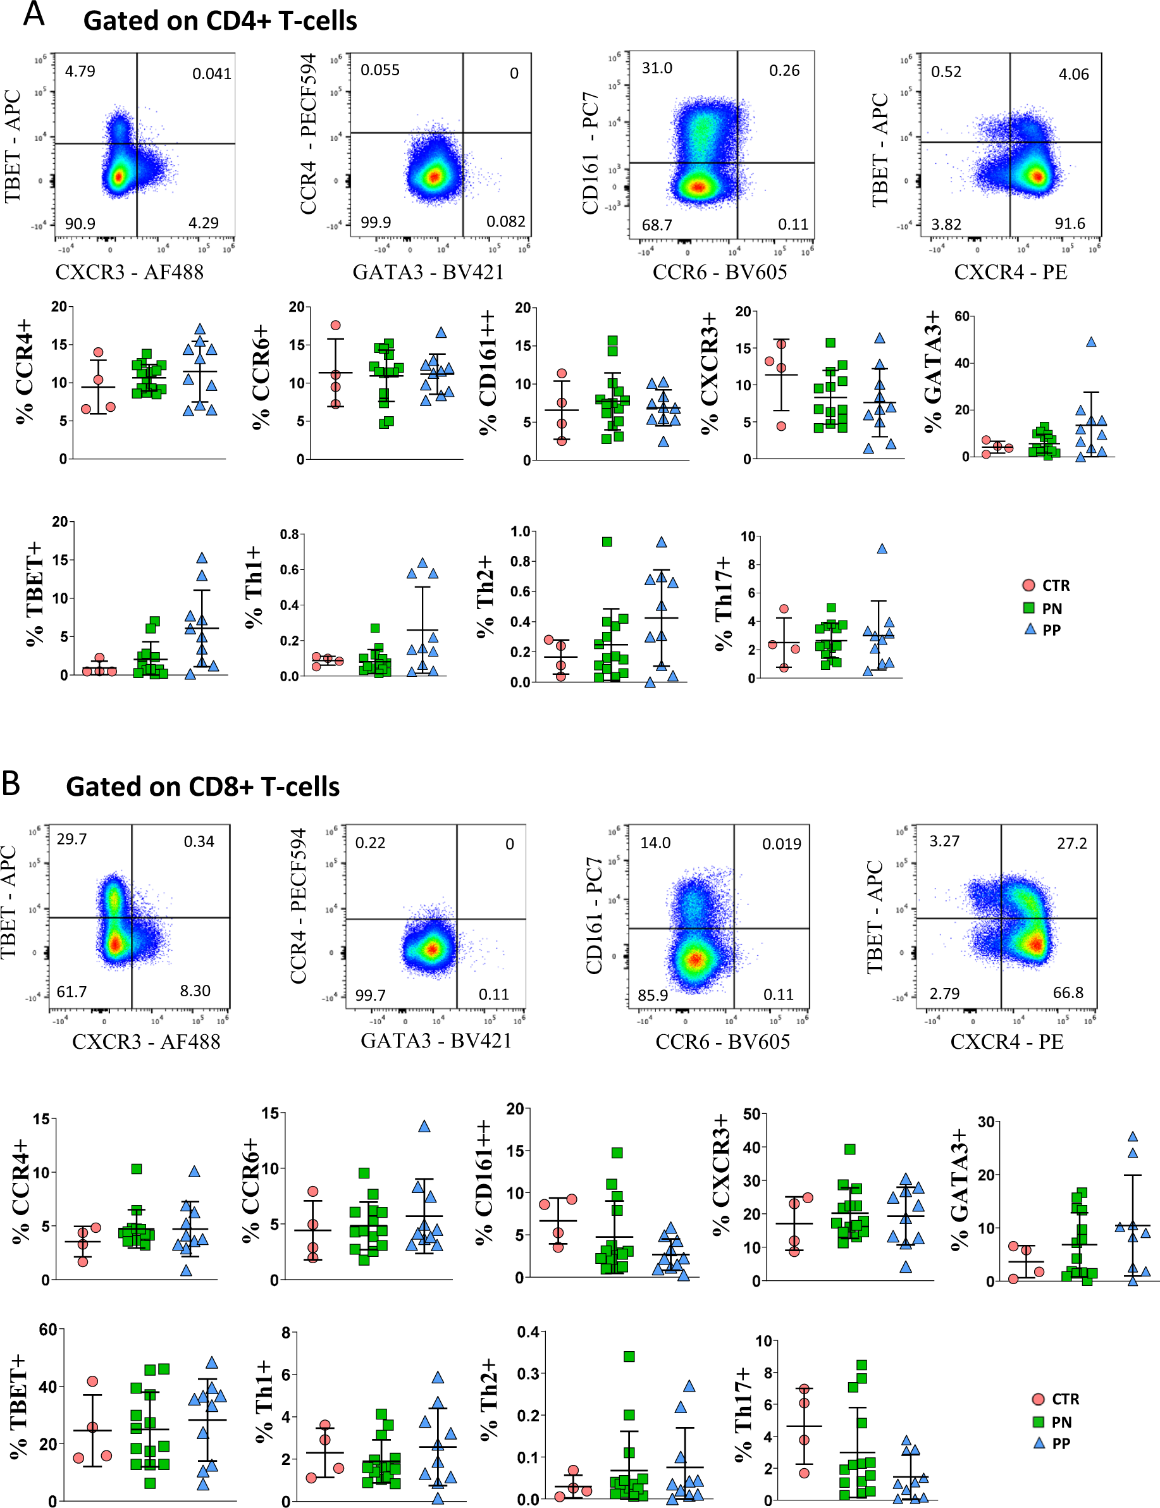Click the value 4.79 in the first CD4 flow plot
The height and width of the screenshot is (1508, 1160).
pos(80,71)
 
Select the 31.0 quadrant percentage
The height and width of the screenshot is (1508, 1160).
pos(657,68)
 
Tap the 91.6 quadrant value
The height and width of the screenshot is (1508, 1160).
pos(1070,224)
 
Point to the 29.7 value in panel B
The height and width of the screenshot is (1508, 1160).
pos(72,839)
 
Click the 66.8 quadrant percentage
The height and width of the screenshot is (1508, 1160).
pos(1068,993)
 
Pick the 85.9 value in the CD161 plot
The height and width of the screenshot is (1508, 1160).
pos(653,995)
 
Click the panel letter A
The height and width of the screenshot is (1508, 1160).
pos(33,14)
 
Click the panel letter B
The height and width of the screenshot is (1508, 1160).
pos(11,783)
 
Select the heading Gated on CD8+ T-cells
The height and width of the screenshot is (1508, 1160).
pos(202,786)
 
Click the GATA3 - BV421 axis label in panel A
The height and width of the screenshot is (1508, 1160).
pos(428,272)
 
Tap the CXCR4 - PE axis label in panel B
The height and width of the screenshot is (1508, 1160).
pos(1007,1041)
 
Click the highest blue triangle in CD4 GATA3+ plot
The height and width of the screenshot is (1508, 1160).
pos(1091,342)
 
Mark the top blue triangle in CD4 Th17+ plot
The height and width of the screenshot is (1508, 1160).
pos(882,549)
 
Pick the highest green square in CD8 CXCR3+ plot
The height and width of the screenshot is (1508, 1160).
pos(850,1149)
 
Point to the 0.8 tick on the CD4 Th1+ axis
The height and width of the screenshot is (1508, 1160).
pos(289,535)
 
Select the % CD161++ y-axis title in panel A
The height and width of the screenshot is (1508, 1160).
pos(488,373)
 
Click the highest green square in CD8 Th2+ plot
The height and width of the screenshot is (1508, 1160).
pos(629,1356)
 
